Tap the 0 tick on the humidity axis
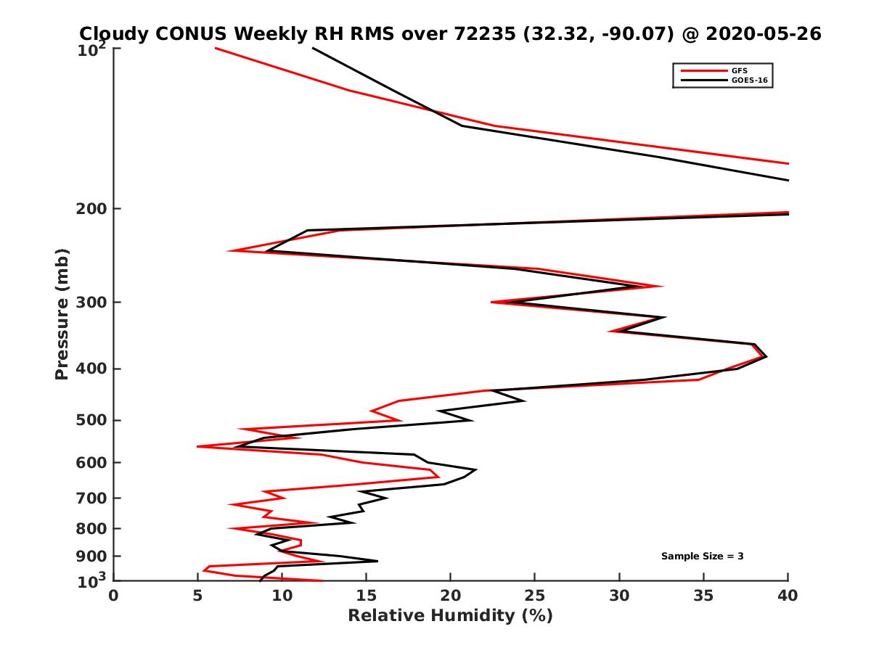[114, 595]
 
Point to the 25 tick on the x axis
[535, 595]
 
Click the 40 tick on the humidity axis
[788, 595]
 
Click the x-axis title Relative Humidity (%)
[450, 616]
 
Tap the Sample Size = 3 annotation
[702, 557]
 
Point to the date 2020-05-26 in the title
[764, 34]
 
